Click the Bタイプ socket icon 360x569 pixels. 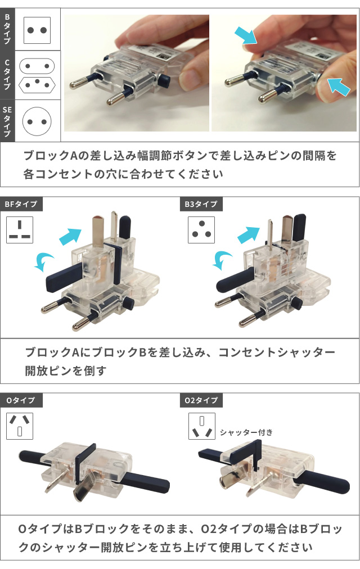point(37,30)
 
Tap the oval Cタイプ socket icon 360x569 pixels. point(37,65)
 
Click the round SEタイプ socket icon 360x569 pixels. point(37,120)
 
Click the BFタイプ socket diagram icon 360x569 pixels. point(20,229)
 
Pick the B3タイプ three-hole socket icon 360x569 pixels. point(200,229)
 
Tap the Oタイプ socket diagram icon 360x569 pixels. point(20,426)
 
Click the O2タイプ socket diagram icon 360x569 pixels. point(201,426)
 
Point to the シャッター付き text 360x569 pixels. point(246,432)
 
